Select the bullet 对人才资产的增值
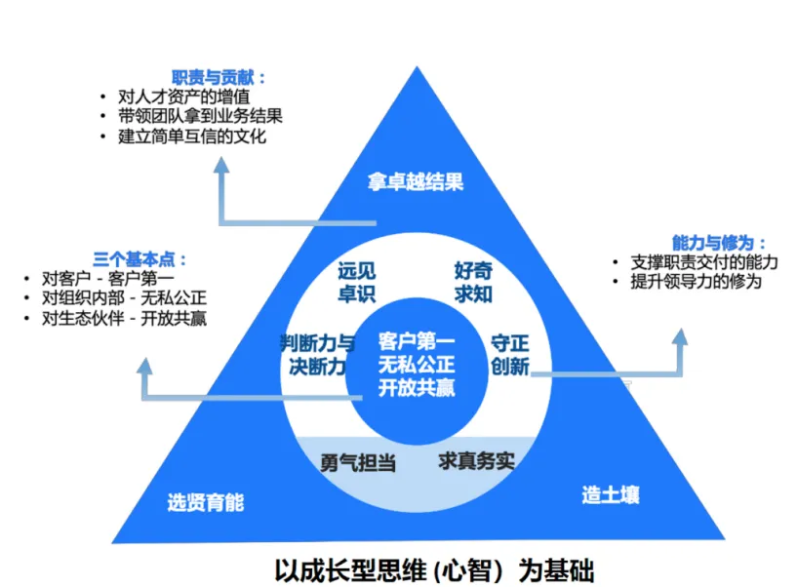pos(183,97)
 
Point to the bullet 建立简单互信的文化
pos(191,137)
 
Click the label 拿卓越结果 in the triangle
pos(415,182)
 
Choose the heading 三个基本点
pos(140,259)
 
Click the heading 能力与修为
pos(719,243)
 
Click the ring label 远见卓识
pos(356,282)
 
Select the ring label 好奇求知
pos(473,281)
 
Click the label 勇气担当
pos(358,462)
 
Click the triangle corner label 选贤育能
pos(205,503)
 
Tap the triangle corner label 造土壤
pos(611,494)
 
